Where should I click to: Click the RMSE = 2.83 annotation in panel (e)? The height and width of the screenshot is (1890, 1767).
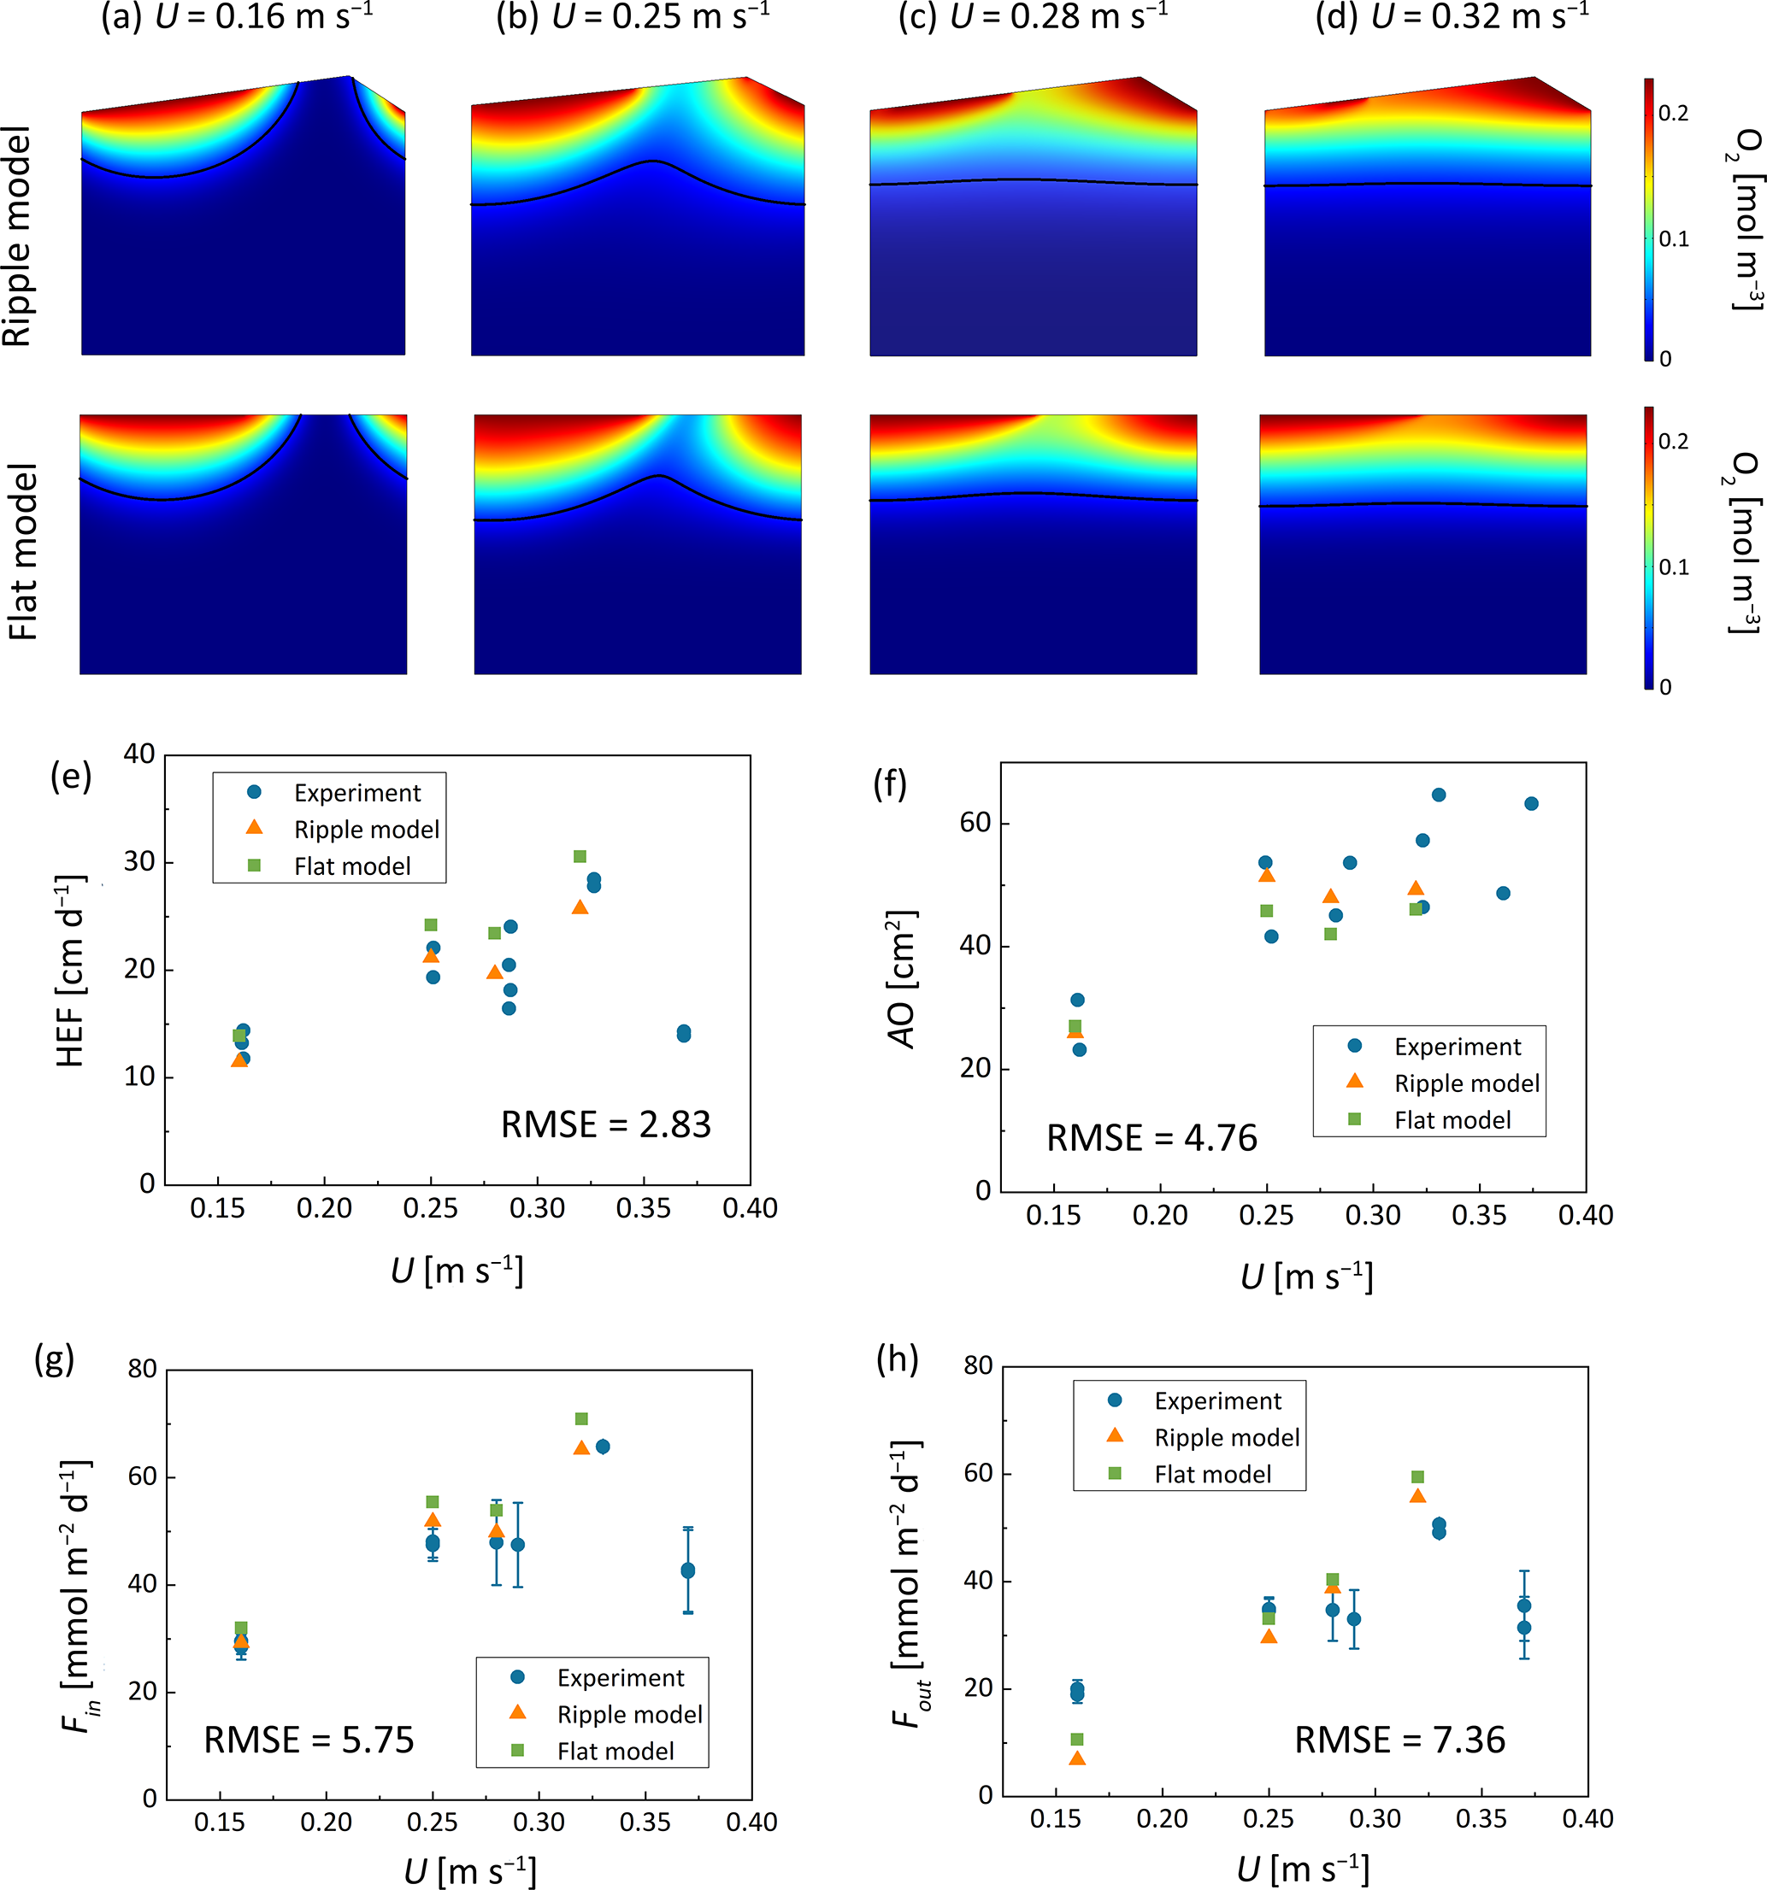coord(606,1124)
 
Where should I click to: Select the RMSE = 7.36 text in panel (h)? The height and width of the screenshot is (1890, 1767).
coord(1400,1740)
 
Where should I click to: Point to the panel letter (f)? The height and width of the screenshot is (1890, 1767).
coord(890,784)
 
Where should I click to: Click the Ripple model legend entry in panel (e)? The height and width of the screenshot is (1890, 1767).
coord(366,830)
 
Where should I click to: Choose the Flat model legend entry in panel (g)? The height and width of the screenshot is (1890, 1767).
coord(616,1752)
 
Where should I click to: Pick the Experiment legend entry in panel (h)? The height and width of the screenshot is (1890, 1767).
coord(1217,1400)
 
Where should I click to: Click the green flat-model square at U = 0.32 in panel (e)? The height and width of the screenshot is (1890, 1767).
coord(580,857)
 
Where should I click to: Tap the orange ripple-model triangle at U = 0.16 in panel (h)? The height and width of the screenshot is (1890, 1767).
coord(1077,1758)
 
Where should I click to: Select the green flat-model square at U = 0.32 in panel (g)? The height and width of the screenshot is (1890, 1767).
coord(582,1419)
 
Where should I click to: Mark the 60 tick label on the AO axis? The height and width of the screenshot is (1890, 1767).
coord(975,822)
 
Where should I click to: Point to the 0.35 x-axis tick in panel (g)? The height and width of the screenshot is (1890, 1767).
coord(645,1823)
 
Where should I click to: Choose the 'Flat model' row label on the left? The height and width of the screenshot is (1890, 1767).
coord(23,551)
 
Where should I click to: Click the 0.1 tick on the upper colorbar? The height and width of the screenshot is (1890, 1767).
coord(1674,238)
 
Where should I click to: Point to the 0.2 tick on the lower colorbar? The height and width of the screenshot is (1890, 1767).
coord(1674,441)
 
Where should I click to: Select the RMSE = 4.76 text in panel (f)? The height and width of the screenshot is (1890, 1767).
coord(1151,1138)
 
